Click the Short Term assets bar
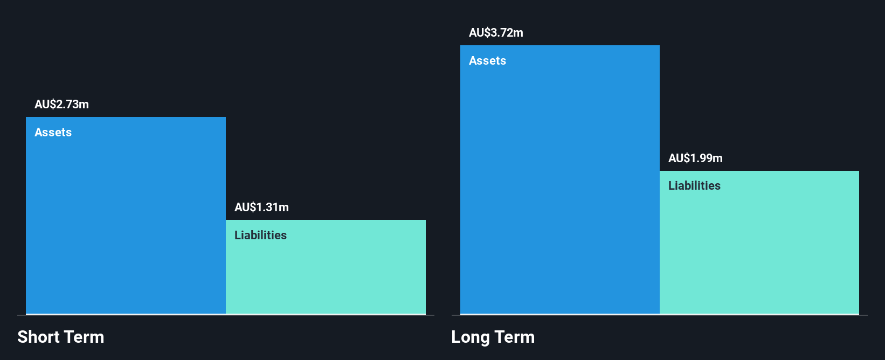pos(126,216)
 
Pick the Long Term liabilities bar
pos(759,243)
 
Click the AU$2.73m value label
pos(61,104)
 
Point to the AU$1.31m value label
pos(261,207)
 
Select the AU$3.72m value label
pos(496,32)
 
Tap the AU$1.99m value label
pos(695,158)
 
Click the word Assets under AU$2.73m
pos(53,132)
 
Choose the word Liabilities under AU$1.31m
pos(260,235)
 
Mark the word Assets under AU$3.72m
pos(487,60)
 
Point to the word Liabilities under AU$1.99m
pos(694,185)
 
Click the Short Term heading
pos(60,337)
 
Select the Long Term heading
pos(493,337)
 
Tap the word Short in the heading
pos(38,337)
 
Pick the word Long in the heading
pos(470,337)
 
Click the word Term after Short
pos(84,337)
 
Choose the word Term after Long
pos(515,337)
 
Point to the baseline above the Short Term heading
pos(226,315)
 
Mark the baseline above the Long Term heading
pos(659,315)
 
